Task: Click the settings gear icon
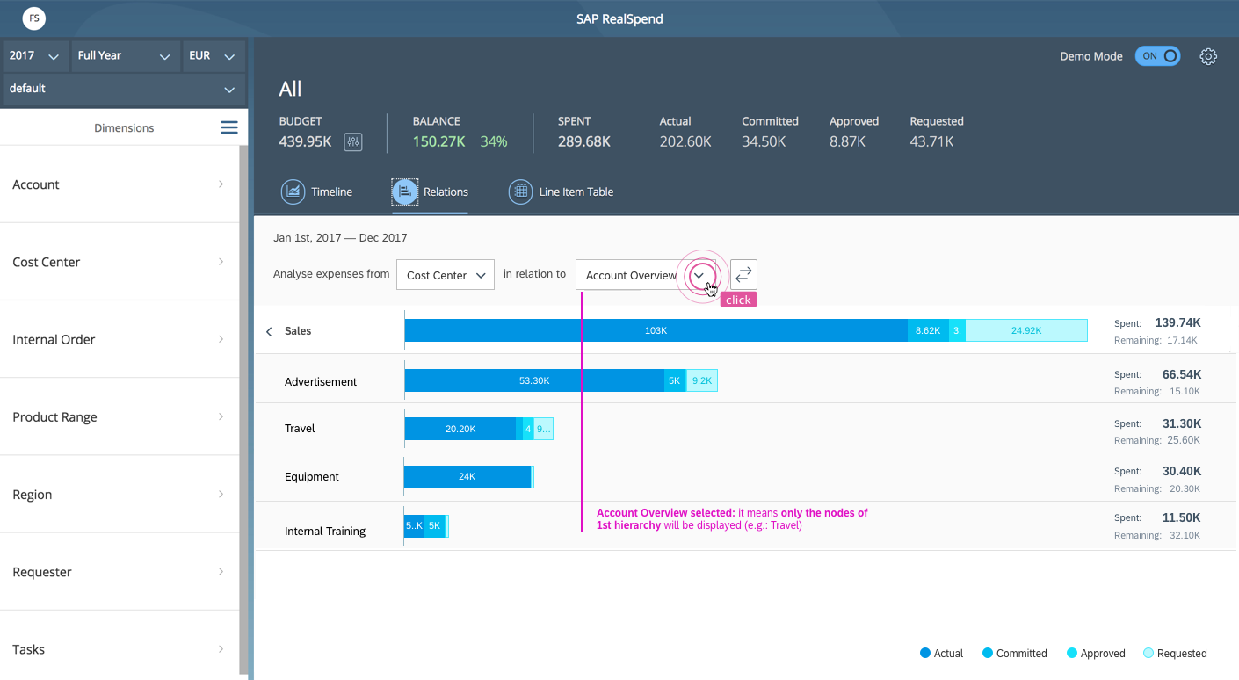1208,56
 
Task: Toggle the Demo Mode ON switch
1157,56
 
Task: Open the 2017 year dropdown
34,56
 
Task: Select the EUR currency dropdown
213,56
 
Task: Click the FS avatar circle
33,18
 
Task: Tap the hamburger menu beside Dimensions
229,127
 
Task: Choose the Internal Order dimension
119,339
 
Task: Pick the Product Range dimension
119,416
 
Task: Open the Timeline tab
316,192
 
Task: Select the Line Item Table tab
561,192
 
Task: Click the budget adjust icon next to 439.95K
353,142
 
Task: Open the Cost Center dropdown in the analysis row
446,275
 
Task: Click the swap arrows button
743,274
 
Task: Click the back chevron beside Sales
270,331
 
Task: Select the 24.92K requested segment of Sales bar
1026,330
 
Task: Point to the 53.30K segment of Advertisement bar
534,380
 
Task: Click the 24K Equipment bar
467,476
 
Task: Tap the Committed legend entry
1014,653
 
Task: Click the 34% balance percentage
493,141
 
